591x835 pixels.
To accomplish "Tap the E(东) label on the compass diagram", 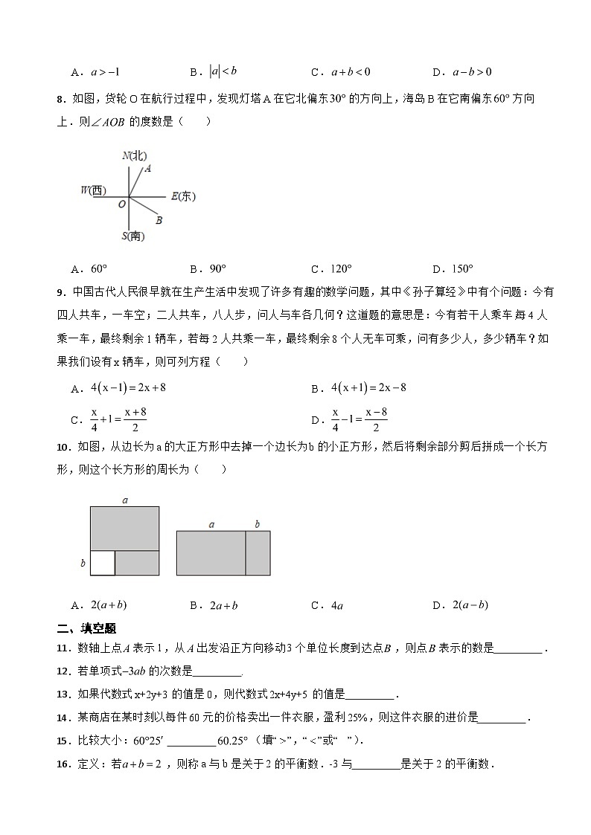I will click(x=182, y=196).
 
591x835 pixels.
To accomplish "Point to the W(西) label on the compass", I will click(x=95, y=191).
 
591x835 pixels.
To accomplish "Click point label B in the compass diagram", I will click(x=159, y=220).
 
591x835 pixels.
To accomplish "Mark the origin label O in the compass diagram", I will click(x=121, y=203).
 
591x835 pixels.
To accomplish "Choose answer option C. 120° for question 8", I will click(x=331, y=269).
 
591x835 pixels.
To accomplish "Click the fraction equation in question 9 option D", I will click(x=360, y=419).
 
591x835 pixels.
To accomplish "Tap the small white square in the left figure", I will click(x=103, y=563).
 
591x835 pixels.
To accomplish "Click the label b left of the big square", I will click(x=83, y=564).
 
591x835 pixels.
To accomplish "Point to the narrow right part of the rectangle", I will click(x=258, y=553).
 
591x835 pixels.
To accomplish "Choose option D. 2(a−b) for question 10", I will click(x=459, y=605).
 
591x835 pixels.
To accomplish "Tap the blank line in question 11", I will click(x=518, y=648).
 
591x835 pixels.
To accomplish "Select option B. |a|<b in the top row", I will click(x=213, y=72).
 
